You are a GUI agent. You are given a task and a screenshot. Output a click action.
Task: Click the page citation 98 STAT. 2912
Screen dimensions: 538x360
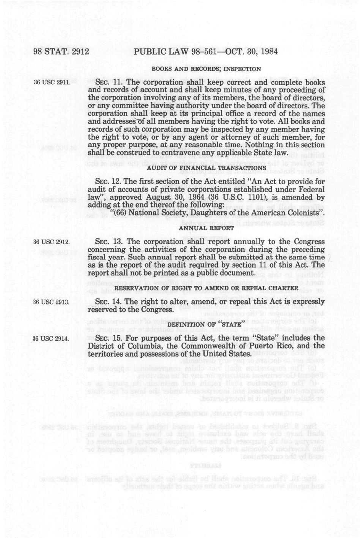(x=61, y=51)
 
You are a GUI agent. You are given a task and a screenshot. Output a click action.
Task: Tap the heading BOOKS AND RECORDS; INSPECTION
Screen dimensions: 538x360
(x=207, y=69)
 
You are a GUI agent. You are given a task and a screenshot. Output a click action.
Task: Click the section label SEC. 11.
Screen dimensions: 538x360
(x=108, y=82)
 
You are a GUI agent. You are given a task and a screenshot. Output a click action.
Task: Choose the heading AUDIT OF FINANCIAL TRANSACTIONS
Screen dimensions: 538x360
(x=207, y=168)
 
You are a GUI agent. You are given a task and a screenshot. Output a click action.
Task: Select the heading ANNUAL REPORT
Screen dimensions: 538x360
(x=207, y=228)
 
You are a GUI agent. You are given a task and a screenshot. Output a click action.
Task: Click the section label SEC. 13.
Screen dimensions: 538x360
(x=108, y=242)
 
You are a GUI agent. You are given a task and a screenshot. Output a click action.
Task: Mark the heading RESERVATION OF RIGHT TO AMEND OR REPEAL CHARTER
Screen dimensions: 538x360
(x=207, y=288)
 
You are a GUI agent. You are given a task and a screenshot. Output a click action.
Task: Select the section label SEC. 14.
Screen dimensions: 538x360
(x=108, y=302)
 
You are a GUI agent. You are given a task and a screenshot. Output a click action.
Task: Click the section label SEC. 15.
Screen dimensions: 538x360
(x=108, y=338)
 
